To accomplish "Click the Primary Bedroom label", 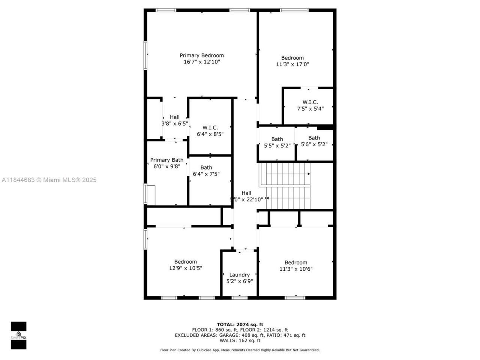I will [x=202, y=55].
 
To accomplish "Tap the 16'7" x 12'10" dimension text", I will [x=202, y=62].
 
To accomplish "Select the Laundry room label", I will [x=239, y=275].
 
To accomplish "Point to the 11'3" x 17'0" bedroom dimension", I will [x=292, y=64].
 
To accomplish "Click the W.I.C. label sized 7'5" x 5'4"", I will [x=310, y=102].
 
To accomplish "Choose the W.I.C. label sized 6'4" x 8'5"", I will [x=210, y=128].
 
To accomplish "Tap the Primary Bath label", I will [x=167, y=160].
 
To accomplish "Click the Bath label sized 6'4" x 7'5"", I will [x=206, y=168].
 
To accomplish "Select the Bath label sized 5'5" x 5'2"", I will [x=277, y=139].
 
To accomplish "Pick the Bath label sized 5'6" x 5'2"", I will [x=314, y=138].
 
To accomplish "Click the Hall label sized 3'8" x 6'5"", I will [x=174, y=117].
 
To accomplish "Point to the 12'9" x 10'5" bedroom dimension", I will [x=186, y=268].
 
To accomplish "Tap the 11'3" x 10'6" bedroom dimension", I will [x=296, y=269].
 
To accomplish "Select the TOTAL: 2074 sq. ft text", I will [x=240, y=324].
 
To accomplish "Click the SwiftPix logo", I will [x=18, y=335].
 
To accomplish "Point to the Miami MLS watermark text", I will [x=49, y=180].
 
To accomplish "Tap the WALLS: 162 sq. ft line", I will [x=240, y=340].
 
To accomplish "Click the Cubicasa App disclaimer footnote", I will [x=240, y=350].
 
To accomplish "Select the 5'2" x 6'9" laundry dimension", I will [x=239, y=281].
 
